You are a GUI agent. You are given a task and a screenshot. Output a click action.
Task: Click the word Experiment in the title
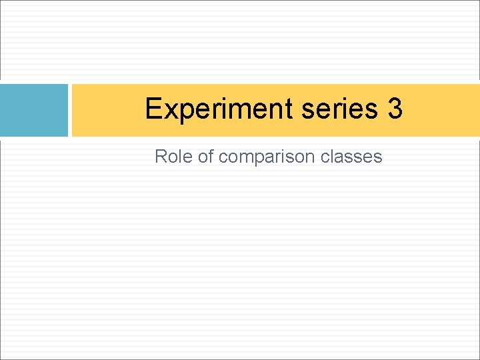pyautogui.click(x=219, y=109)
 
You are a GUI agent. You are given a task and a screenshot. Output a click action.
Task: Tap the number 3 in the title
pyautogui.click(x=395, y=109)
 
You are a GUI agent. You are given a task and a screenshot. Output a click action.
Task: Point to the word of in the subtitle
pyautogui.click(x=205, y=157)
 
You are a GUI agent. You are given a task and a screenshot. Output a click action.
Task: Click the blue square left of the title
pyautogui.click(x=34, y=110)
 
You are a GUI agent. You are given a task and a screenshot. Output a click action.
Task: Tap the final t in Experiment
pyautogui.click(x=290, y=109)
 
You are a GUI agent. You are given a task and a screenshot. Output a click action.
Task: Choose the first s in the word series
pyautogui.click(x=307, y=110)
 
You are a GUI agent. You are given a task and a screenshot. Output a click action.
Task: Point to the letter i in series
pyautogui.click(x=344, y=108)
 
